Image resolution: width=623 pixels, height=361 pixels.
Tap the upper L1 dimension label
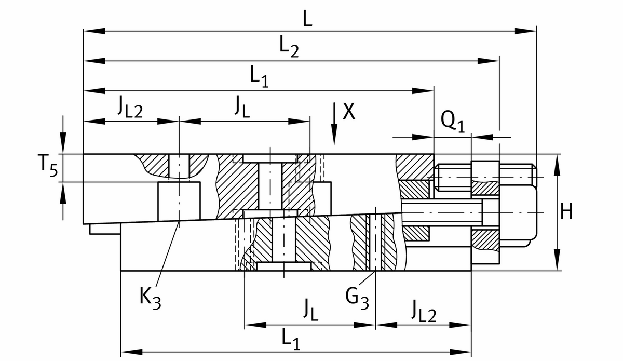[x=259, y=77]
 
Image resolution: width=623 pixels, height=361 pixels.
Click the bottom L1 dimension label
[x=291, y=340]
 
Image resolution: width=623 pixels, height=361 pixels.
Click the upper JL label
[x=242, y=108]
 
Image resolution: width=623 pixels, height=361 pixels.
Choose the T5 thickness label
[x=46, y=167]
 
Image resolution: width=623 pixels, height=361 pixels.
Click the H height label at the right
[x=568, y=212]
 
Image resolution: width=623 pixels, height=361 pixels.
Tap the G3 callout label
[x=358, y=298]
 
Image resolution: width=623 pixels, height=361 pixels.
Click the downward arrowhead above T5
[x=63, y=142]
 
